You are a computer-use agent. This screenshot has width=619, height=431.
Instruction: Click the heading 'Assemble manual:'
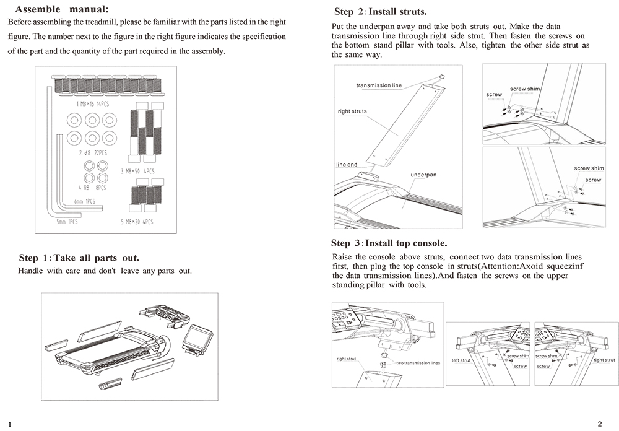click(61, 9)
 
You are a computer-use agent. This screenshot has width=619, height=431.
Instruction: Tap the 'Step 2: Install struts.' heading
click(380, 12)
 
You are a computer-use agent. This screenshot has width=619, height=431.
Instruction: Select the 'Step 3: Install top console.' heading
click(389, 243)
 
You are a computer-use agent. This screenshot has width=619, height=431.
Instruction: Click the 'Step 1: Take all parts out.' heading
click(79, 258)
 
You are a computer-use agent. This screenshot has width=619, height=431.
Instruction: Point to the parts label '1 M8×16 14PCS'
click(92, 104)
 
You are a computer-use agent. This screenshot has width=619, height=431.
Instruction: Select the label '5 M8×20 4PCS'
click(137, 221)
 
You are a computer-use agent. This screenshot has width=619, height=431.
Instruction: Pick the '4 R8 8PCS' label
click(92, 188)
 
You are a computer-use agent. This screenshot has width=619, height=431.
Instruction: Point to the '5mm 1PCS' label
click(67, 221)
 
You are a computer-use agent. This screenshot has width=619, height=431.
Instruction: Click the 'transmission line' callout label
click(378, 85)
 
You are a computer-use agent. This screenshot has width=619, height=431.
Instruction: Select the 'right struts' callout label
click(352, 111)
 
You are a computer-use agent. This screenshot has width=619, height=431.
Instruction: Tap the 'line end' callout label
click(347, 165)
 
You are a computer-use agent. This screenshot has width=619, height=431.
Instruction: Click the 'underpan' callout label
click(423, 175)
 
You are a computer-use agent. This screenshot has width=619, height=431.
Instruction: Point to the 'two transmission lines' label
click(418, 363)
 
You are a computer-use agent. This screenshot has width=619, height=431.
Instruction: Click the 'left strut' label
click(461, 360)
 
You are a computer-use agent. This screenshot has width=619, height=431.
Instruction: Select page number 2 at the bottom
click(599, 424)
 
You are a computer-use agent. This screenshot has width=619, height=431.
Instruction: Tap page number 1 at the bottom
click(11, 424)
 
